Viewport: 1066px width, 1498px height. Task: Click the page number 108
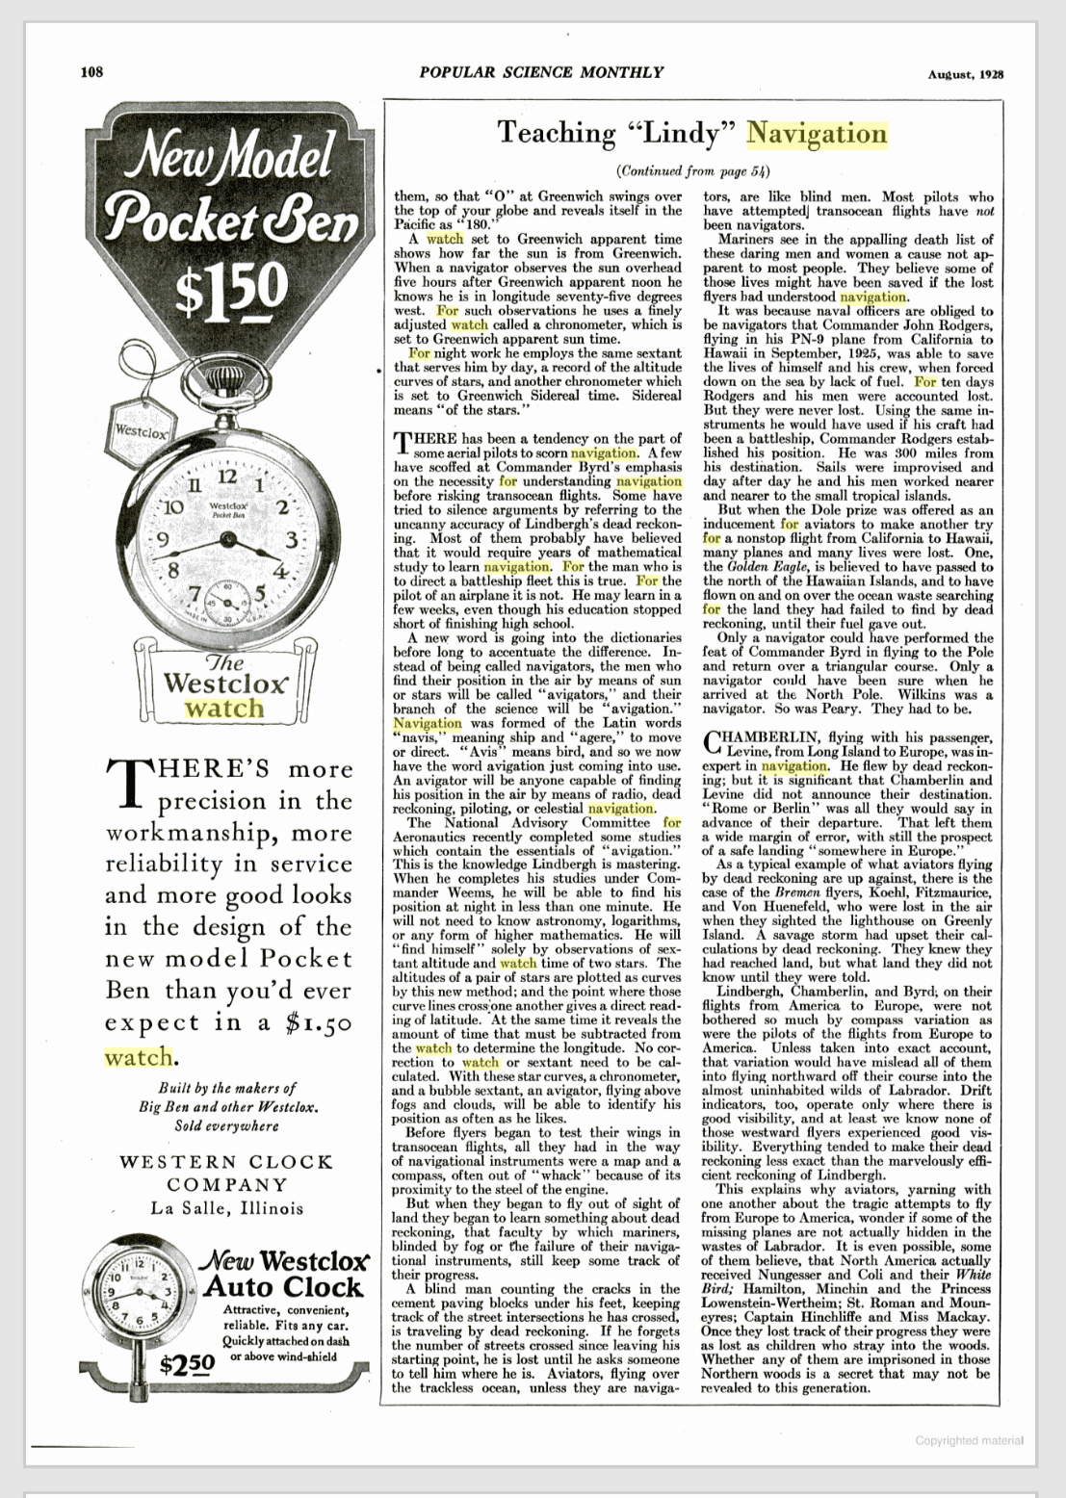click(x=91, y=71)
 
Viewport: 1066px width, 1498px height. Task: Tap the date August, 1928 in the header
click(x=966, y=74)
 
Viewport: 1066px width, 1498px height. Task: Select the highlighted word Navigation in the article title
click(x=817, y=134)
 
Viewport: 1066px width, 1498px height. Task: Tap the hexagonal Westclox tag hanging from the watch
click(x=140, y=430)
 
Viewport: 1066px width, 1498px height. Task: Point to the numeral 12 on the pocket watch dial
click(x=226, y=476)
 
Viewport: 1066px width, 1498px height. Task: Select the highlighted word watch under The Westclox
click(x=223, y=709)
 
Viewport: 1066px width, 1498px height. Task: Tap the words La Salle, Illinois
click(x=227, y=1208)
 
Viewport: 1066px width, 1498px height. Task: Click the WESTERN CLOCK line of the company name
click(x=227, y=1161)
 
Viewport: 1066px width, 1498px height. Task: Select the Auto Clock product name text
click(x=282, y=1286)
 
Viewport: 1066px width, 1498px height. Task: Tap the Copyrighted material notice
click(x=969, y=1440)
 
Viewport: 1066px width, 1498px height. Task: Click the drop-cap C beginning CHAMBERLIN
click(x=713, y=743)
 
